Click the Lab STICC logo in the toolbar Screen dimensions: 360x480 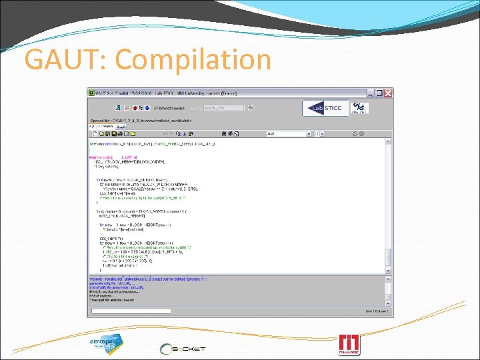coord(325,108)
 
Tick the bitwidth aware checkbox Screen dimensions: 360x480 coord(156,107)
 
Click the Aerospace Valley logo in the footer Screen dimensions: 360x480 coord(107,343)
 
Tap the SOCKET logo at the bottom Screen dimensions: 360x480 coord(183,348)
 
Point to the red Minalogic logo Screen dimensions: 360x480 coord(350,343)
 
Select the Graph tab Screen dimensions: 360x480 coord(121,126)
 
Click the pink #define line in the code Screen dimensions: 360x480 coord(106,158)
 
